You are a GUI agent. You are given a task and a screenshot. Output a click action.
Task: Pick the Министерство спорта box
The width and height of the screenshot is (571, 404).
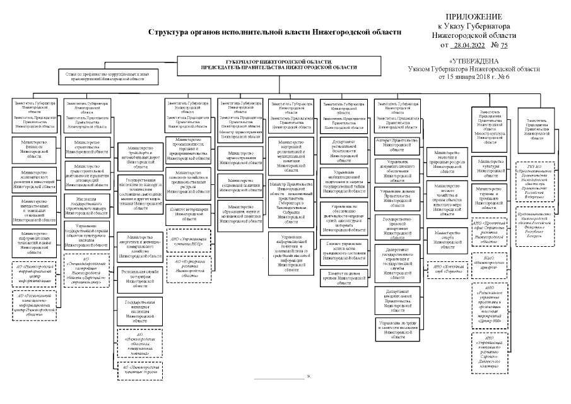[x=449, y=237]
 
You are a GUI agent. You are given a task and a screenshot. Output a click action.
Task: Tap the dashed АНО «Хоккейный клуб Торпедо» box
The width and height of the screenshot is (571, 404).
[x=449, y=267]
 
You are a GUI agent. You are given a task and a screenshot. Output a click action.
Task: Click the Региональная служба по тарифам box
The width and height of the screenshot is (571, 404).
[x=140, y=281]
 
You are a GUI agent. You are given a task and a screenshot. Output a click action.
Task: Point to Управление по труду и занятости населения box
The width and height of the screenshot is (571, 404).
[x=397, y=331]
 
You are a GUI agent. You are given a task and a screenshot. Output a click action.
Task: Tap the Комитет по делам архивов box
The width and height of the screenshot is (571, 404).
[x=344, y=280]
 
